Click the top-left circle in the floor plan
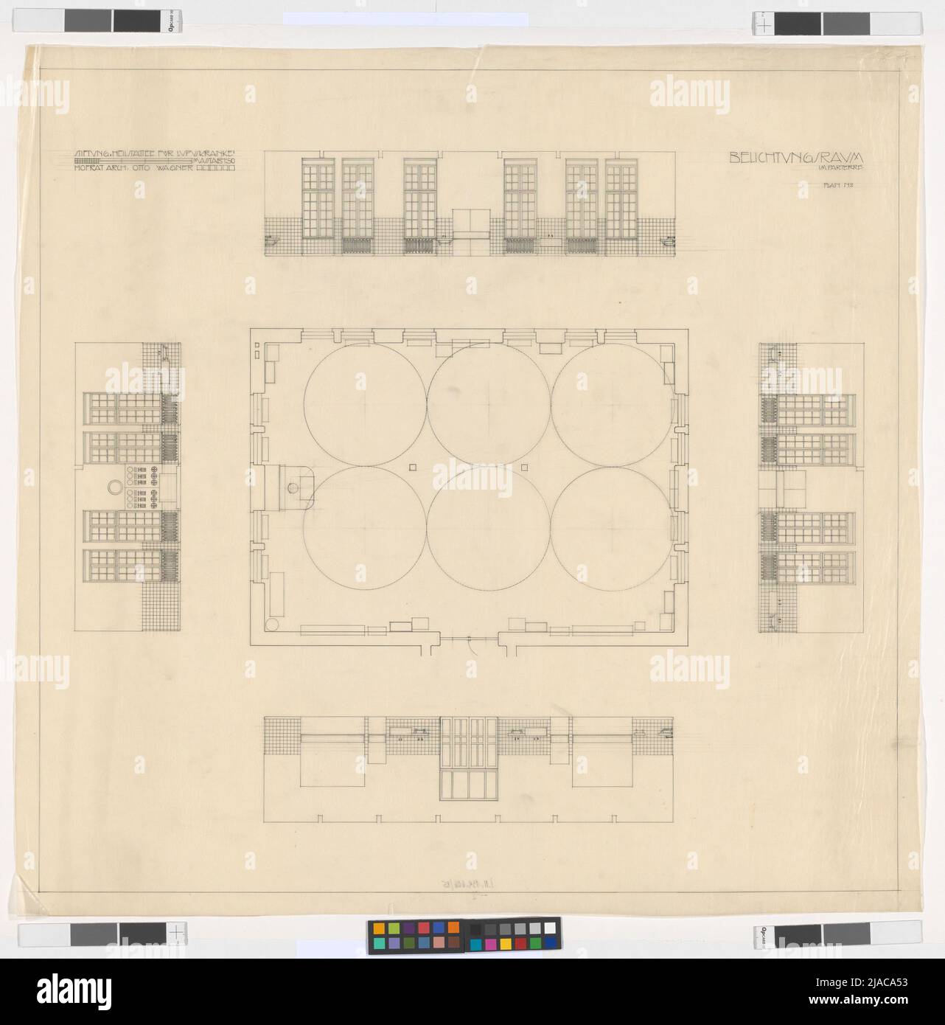364,405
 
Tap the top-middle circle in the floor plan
489,405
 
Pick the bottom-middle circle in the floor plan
489,528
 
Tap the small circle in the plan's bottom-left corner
271,625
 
